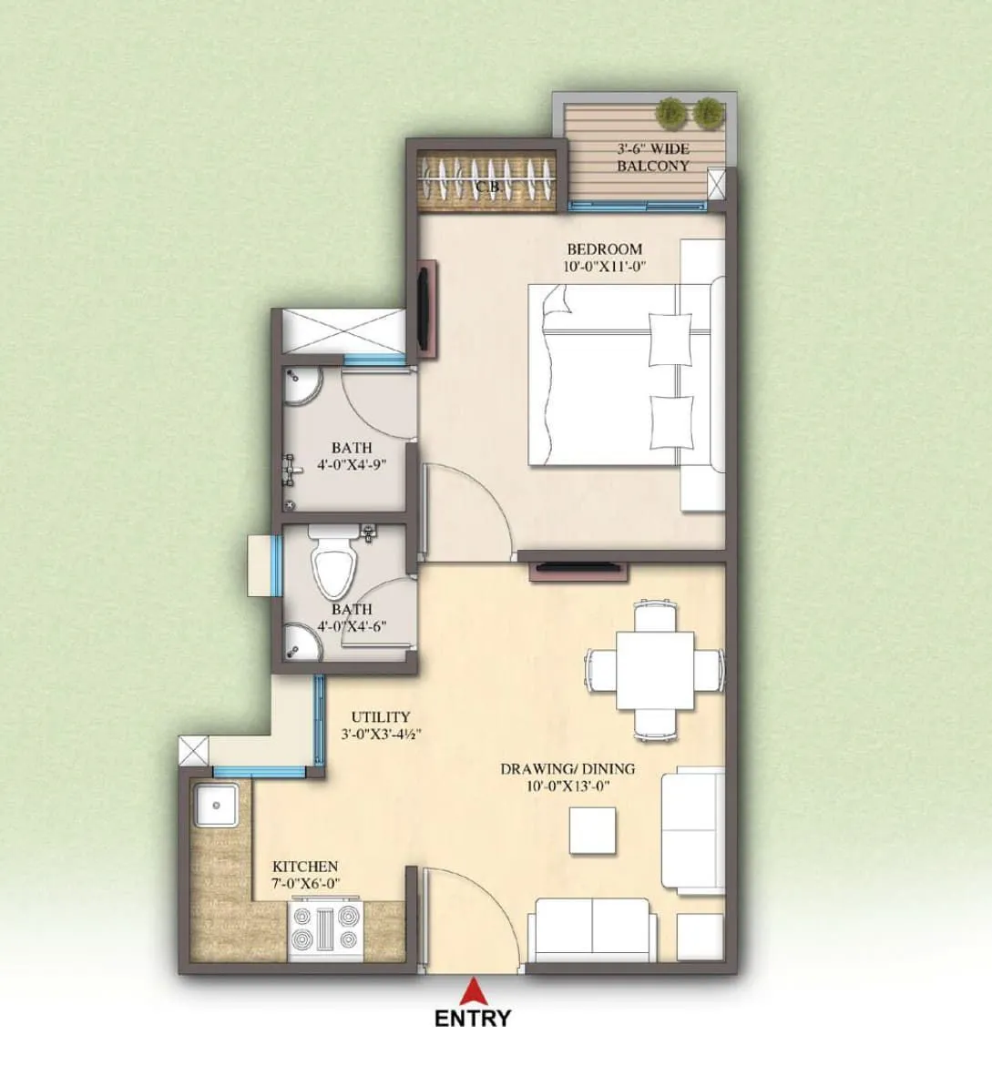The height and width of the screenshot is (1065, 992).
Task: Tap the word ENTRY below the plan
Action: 473,1018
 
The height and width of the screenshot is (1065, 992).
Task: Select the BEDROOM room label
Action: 604,248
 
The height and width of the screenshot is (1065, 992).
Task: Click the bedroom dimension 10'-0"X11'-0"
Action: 604,266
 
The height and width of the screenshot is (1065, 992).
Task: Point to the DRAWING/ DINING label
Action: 567,769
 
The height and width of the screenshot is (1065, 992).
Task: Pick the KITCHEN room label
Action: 305,867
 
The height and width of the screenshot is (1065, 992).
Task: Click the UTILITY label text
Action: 380,717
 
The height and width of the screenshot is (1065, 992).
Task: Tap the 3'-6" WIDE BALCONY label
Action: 652,157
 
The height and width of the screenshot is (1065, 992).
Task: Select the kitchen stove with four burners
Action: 325,928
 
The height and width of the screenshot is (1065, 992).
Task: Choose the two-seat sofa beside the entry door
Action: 592,928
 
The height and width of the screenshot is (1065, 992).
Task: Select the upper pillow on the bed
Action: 670,337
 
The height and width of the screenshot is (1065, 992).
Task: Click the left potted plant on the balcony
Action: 671,113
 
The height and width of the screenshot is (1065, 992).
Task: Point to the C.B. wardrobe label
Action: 489,186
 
